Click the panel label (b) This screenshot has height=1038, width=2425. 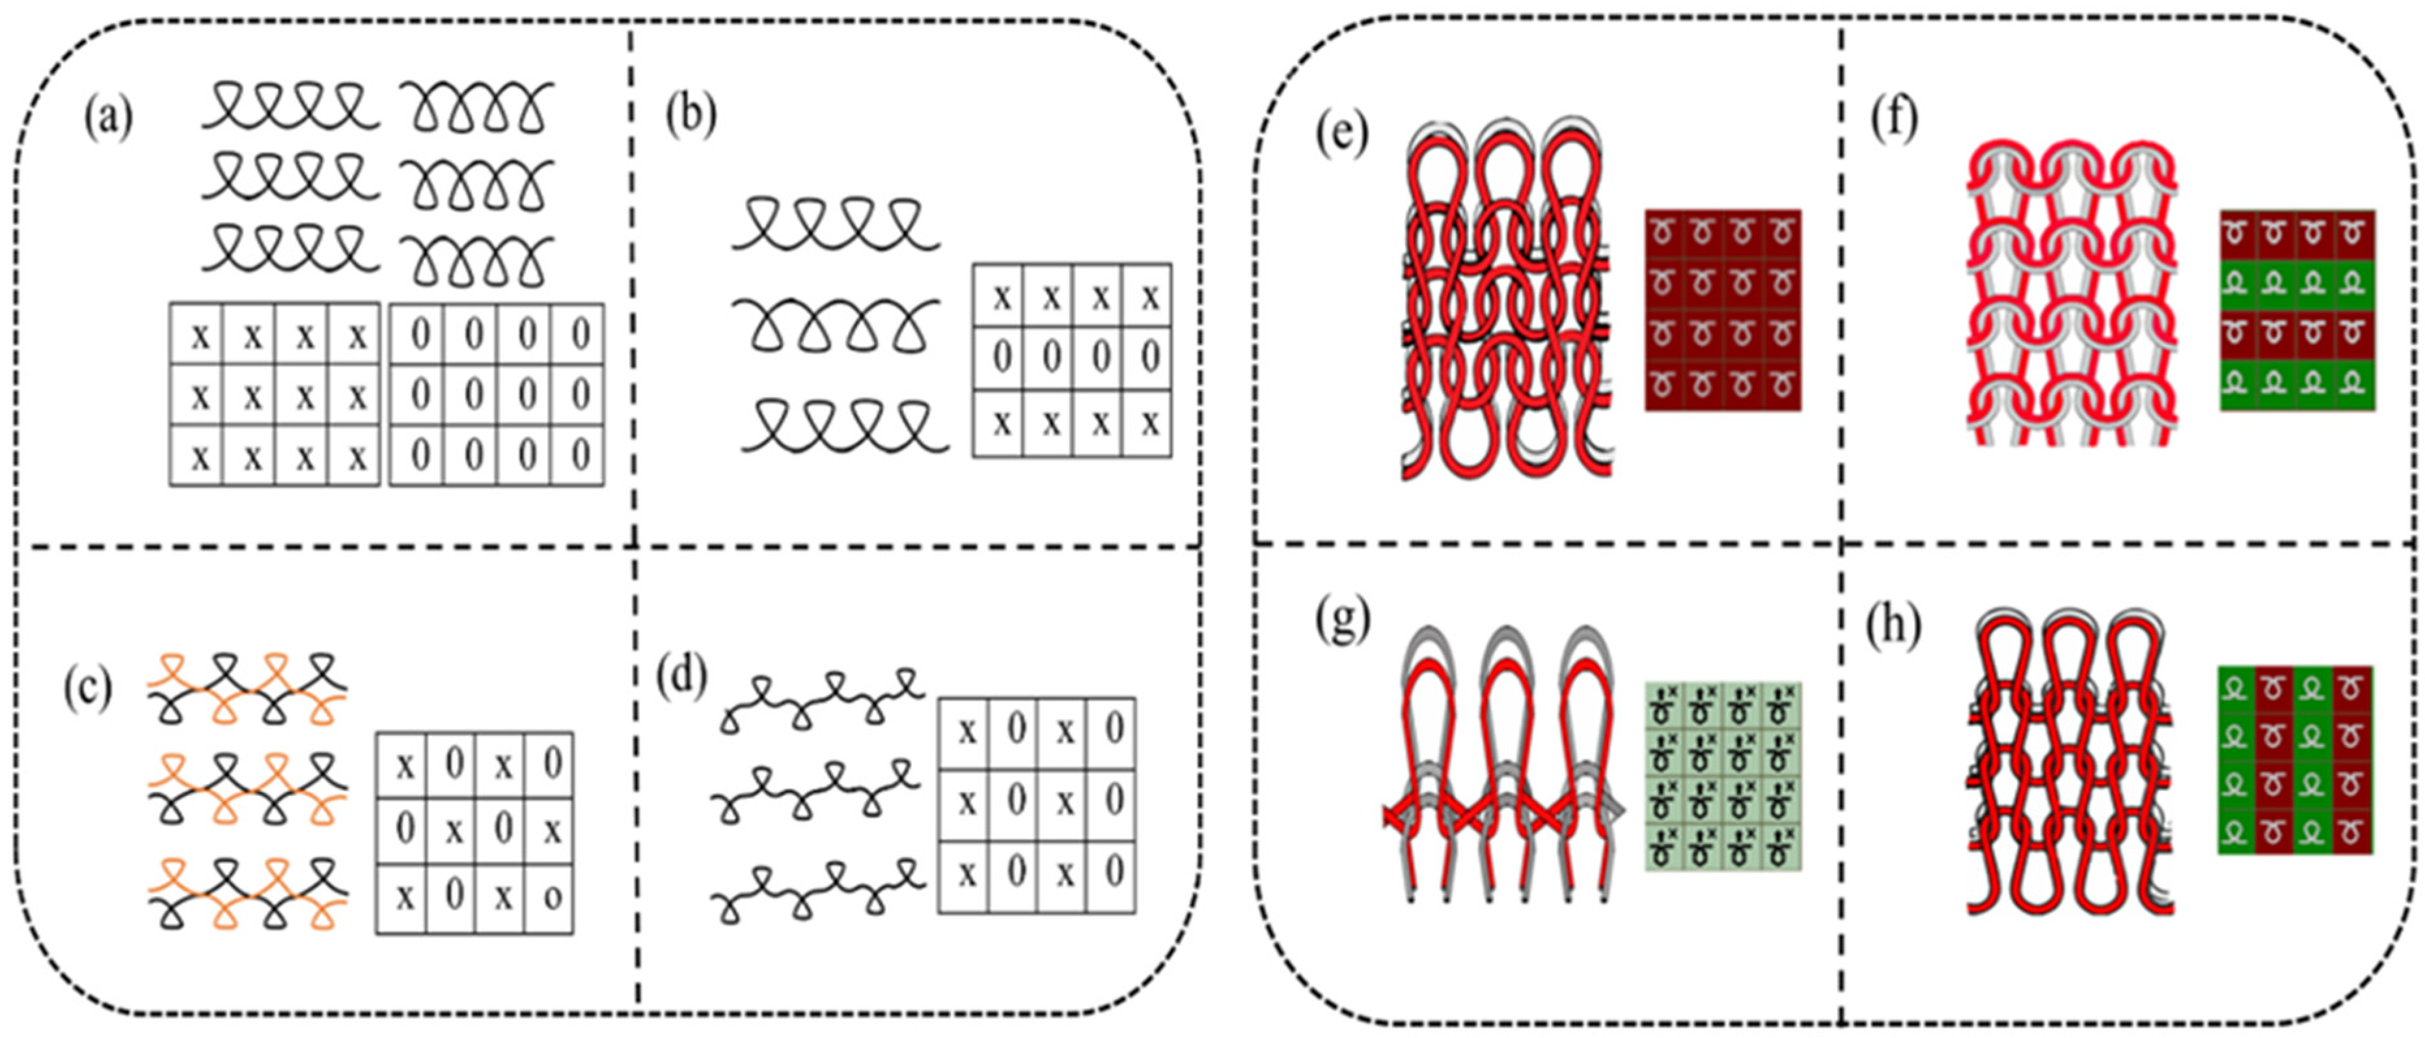tap(691, 116)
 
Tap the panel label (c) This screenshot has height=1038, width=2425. tap(88, 690)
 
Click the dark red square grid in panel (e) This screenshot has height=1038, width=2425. tap(1723, 310)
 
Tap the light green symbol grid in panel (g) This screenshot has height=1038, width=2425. tap(1723, 776)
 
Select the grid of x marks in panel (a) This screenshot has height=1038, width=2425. tap(275, 394)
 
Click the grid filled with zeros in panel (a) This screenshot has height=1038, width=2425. tap(497, 394)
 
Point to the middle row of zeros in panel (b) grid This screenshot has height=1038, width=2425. tap(1072, 359)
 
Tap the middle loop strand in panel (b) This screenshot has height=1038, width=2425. tap(836, 327)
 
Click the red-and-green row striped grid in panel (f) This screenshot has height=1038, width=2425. tap(2297, 310)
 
